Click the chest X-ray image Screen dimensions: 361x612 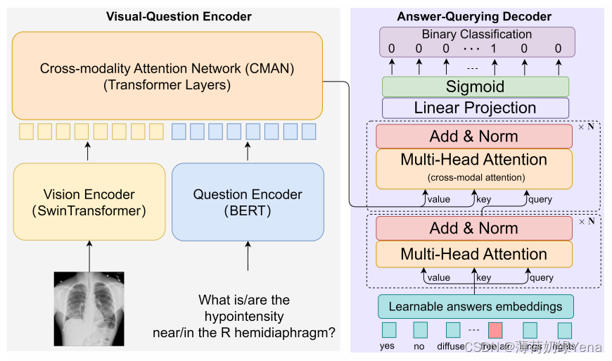(89, 308)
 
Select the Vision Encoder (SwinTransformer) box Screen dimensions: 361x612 (89, 201)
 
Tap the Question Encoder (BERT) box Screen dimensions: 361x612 (248, 201)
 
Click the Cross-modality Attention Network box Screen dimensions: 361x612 (167, 76)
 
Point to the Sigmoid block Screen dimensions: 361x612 (475, 87)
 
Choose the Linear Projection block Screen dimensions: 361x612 (475, 108)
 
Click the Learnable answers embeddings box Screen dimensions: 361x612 (476, 306)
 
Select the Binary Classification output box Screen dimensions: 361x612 (477, 42)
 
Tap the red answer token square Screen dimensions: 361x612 (495, 330)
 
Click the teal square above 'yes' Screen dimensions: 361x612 (388, 330)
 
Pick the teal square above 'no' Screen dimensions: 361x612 (420, 330)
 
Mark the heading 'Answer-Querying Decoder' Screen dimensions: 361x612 (474, 16)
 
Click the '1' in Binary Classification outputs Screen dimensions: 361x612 (494, 49)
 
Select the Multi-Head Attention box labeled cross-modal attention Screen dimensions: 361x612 (474, 168)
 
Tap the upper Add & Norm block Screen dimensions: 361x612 (474, 137)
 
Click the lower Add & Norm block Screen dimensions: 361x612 (474, 228)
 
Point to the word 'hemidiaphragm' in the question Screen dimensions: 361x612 (281, 332)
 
